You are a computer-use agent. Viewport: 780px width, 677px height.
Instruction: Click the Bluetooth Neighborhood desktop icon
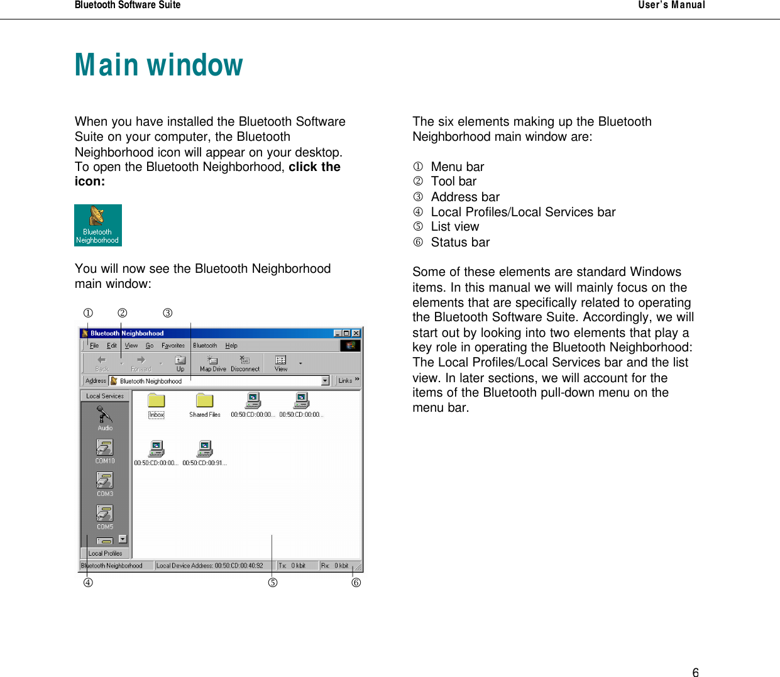point(97,224)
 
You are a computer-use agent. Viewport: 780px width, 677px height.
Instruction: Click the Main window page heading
point(158,65)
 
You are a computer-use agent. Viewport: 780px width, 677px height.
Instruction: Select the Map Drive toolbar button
point(212,363)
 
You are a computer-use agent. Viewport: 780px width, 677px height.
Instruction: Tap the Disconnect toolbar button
point(244,363)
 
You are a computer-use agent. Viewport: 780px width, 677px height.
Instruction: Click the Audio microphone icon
point(104,416)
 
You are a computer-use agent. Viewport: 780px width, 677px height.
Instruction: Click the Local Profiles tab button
point(105,553)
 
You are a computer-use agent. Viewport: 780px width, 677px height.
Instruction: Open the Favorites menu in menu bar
point(173,345)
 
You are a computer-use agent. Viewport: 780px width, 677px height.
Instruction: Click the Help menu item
point(231,345)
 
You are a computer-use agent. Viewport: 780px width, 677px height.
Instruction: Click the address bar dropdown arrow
point(325,381)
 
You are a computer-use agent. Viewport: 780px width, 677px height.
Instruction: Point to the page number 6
point(695,672)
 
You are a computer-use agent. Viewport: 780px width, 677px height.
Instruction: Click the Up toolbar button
point(180,363)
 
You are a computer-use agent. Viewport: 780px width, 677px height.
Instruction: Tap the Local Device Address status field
point(210,565)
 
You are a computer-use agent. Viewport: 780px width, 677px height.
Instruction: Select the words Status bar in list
point(460,242)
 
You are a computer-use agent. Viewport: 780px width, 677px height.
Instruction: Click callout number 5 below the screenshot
point(272,583)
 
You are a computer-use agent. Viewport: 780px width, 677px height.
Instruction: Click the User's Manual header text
point(671,5)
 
